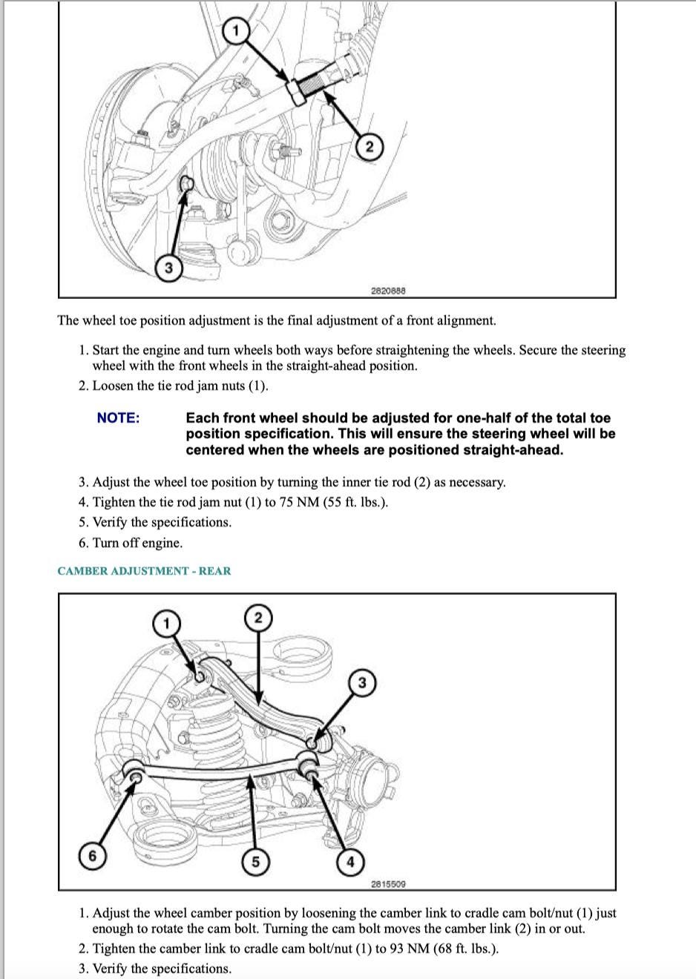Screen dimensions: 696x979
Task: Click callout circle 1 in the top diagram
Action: pyautogui.click(x=236, y=30)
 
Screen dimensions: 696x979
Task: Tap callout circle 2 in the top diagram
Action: pyautogui.click(x=370, y=146)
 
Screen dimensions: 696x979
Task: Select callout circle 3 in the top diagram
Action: pyautogui.click(x=168, y=267)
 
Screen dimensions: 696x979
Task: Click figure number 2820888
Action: pyautogui.click(x=388, y=290)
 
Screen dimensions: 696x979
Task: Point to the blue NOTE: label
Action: pyautogui.click(x=119, y=418)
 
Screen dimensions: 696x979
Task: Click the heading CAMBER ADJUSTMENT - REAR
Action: pyautogui.click(x=144, y=571)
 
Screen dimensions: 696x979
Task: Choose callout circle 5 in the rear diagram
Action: pyautogui.click(x=255, y=862)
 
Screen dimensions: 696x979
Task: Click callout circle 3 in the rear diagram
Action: pyautogui.click(x=362, y=682)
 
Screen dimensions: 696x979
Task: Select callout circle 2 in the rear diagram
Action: pyautogui.click(x=258, y=618)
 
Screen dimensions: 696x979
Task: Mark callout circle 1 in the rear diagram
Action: pyautogui.click(x=166, y=623)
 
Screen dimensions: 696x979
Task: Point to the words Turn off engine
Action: pyautogui.click(x=138, y=543)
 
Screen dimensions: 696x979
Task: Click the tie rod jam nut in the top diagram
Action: pyautogui.click(x=295, y=92)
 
